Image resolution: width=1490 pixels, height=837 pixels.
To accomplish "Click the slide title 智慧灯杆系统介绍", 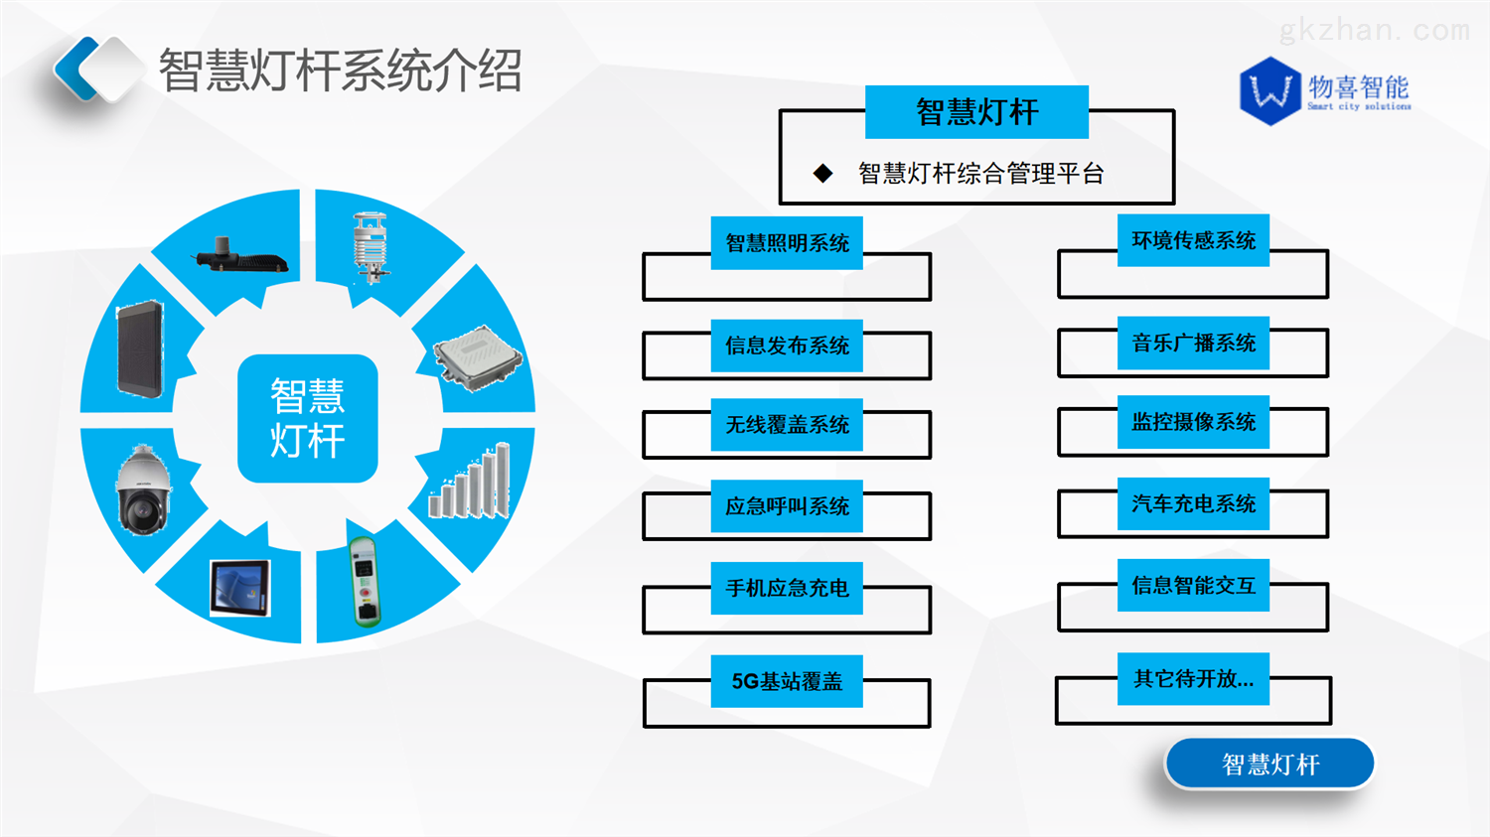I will pos(340,71).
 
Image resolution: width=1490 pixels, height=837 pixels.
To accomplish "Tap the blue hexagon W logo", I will pos(1269,91).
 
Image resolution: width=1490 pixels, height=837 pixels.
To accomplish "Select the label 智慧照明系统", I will pos(787,243).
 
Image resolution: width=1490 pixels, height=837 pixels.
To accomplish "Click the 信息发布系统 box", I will pos(787,346).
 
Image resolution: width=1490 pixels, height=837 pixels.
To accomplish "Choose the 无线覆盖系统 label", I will pos(787,425).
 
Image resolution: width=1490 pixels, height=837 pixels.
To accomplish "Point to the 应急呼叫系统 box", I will pos(787,506).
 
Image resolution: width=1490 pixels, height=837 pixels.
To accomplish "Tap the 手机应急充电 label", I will pos(787,588).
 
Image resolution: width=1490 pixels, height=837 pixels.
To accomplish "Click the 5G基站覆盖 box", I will pos(787,681).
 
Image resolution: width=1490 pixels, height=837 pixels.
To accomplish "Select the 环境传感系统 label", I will pos(1193,240).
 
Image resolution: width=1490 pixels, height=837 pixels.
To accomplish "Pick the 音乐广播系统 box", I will pos(1193,343).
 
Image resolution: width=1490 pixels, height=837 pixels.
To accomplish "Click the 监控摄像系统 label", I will pos(1193,422).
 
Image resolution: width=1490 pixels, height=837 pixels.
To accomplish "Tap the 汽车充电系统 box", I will pos(1193,503).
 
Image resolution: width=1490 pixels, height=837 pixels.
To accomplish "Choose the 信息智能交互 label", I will pos(1193,585).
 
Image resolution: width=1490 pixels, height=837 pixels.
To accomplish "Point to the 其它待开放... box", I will pos(1193,679).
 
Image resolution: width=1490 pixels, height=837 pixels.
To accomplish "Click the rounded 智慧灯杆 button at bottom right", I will pos(1269,764).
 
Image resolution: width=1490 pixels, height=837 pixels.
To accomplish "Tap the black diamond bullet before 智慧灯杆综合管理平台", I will pos(822,174).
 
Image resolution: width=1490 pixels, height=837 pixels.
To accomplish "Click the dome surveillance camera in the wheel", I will pos(143,490).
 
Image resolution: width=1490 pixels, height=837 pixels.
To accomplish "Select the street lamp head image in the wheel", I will pos(241,257).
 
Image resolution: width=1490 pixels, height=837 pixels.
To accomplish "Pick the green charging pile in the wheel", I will pos(366,582).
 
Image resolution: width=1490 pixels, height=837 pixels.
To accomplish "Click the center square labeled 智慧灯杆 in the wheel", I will pos(308,418).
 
